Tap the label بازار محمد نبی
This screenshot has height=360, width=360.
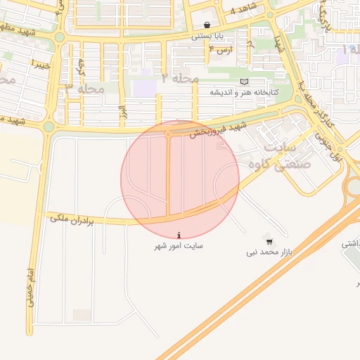tap(267, 251)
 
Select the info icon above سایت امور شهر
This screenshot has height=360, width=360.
tap(180, 236)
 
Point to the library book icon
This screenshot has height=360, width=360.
tap(244, 82)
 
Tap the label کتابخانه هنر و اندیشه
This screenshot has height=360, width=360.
tap(245, 92)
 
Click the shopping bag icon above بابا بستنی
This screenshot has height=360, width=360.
tap(207, 23)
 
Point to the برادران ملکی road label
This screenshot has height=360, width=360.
tap(71, 219)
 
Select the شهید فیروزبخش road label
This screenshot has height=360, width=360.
tap(214, 131)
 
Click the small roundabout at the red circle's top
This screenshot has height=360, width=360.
tap(168, 133)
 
